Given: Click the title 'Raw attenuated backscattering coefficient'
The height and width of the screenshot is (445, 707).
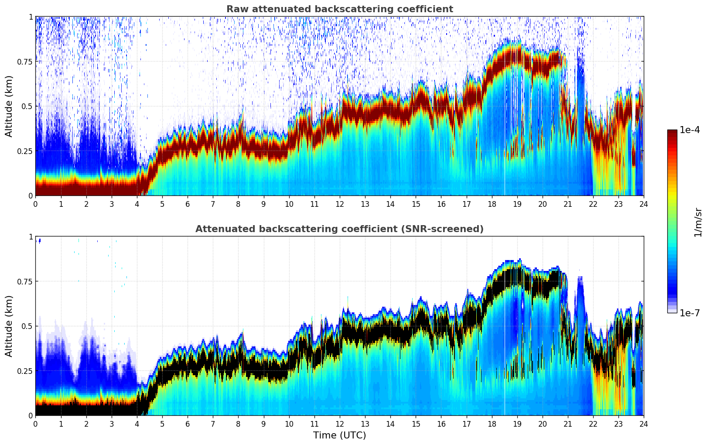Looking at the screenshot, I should [339, 9].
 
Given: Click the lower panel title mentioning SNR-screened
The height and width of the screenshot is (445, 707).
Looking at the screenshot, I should [339, 229].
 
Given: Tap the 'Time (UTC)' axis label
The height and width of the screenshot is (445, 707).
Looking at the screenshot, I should [339, 435].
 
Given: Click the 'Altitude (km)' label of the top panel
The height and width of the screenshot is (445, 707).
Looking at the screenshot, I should [9, 106].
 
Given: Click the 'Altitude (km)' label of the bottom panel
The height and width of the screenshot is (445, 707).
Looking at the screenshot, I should [9, 326].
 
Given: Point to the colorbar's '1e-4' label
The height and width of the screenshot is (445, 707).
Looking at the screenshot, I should [690, 130].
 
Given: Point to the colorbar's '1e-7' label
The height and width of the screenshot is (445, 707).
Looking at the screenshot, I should [690, 313].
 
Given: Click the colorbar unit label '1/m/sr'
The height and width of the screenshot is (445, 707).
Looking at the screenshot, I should [698, 222].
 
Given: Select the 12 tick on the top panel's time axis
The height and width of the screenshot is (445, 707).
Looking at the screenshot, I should [340, 204].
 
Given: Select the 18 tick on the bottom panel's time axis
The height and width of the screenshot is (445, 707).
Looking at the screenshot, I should [492, 424].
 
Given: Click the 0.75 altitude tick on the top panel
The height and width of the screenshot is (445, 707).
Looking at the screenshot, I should [24, 62].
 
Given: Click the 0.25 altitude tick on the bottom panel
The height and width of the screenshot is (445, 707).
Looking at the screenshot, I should [24, 371].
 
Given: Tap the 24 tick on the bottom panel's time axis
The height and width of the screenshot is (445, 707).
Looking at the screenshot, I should [644, 424].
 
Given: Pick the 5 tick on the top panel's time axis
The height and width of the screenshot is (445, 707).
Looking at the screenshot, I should [162, 204].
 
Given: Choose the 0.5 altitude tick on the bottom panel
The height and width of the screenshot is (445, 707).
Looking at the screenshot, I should [27, 326].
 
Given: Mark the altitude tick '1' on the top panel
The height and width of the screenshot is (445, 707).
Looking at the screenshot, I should [31, 17].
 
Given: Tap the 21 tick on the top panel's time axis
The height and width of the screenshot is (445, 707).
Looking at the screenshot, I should [568, 204].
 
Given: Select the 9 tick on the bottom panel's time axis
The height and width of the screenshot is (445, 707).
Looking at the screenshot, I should [263, 424].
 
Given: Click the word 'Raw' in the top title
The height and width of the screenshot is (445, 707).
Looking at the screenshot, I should [236, 9].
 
